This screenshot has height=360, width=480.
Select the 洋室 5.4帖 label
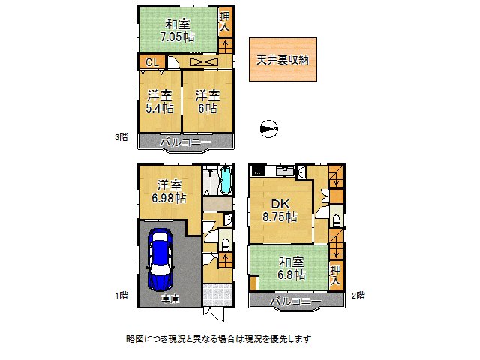159,101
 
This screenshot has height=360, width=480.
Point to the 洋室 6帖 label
208,101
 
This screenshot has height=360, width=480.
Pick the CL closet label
151,62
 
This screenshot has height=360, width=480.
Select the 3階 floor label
120,137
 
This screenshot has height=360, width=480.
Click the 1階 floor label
121,295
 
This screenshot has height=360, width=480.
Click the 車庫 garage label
169,298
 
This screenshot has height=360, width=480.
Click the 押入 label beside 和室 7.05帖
224,22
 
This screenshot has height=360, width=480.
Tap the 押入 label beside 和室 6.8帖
336,274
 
